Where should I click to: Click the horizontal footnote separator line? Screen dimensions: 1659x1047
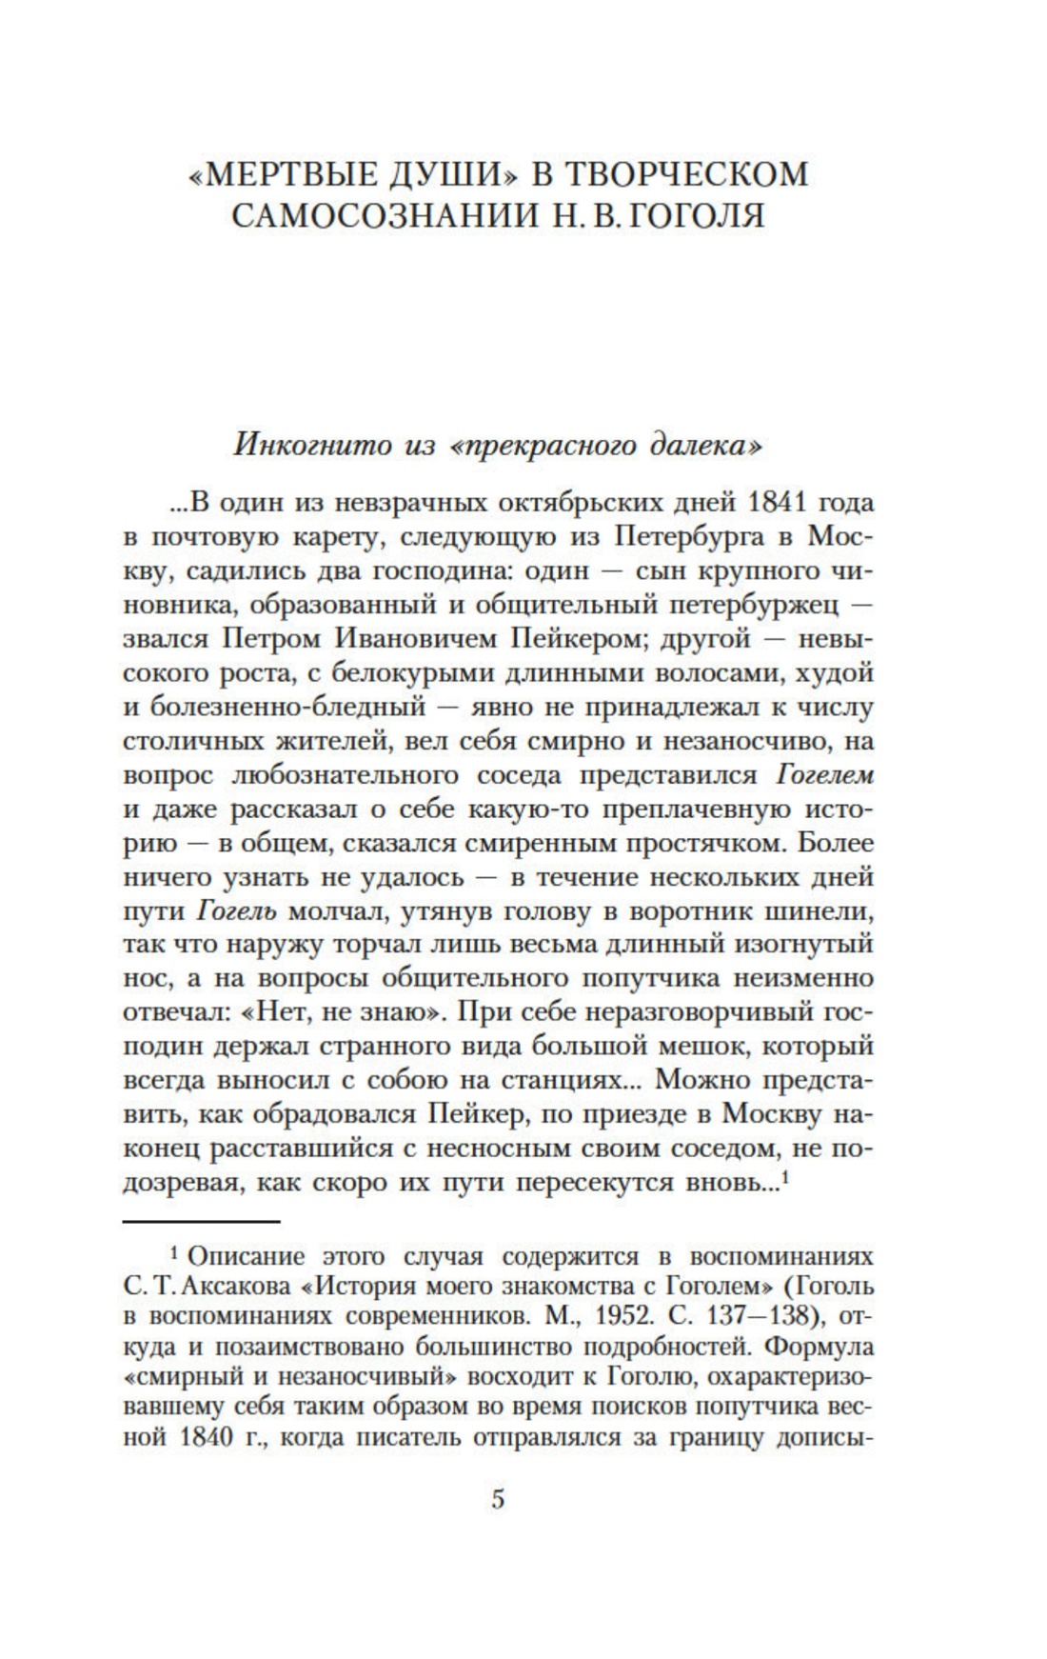coord(202,1220)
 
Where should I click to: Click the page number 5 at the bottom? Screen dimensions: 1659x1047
coord(498,1500)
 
